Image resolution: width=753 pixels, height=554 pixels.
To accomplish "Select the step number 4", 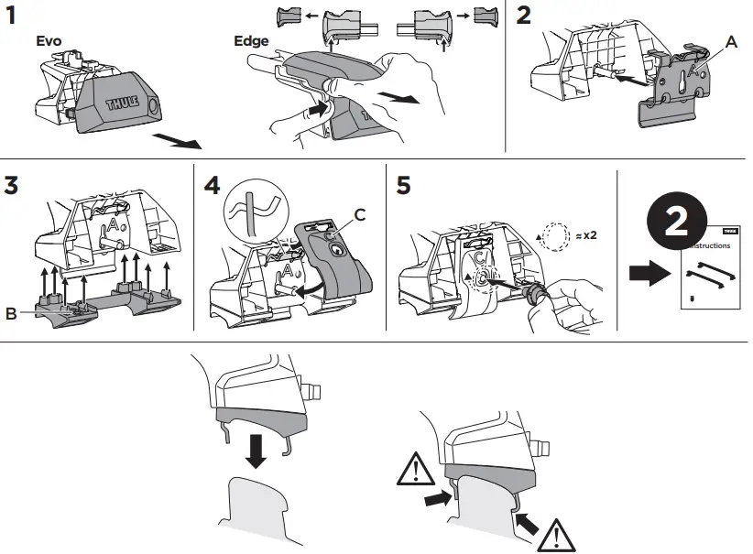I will (x=213, y=184).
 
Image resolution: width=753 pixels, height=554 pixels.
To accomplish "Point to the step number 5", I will (x=404, y=184).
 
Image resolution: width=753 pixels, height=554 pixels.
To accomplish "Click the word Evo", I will (x=49, y=41).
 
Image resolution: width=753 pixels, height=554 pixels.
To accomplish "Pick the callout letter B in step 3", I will (x=10, y=313).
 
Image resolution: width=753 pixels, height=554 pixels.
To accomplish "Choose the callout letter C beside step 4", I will (x=359, y=214).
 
